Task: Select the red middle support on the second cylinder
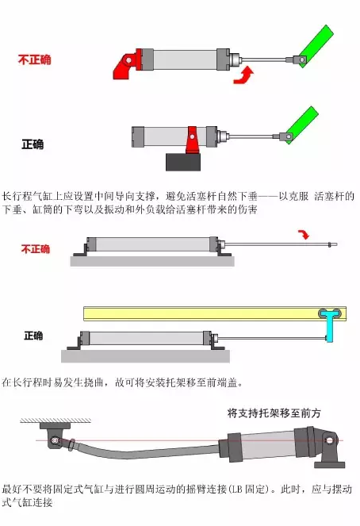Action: pyautogui.click(x=190, y=140)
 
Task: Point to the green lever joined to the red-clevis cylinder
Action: pyautogui.click(x=316, y=42)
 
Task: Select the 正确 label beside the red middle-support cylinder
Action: pyautogui.click(x=33, y=145)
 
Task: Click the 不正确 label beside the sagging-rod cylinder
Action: pyautogui.click(x=35, y=249)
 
